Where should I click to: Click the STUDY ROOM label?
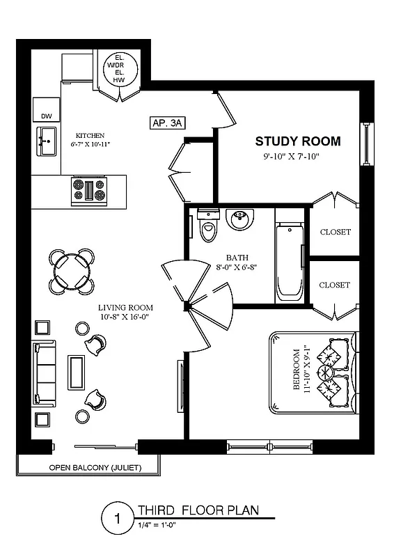coord(298,141)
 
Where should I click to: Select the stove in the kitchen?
coord(89,190)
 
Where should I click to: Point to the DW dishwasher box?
coord(46,116)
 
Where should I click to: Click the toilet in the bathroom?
coord(208,225)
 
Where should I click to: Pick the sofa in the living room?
coord(44,373)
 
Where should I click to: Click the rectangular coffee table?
coord(75,372)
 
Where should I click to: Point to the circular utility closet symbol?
coord(119,67)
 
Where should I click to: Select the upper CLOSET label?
coord(335,232)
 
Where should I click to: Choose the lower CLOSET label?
coord(335,285)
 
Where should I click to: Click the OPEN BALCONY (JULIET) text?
coord(88,468)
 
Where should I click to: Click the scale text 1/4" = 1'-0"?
coord(157,526)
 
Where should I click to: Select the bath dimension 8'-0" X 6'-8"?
coord(237,266)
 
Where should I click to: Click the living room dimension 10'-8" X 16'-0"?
coord(125,317)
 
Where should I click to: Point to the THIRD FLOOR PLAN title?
coord(198,510)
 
